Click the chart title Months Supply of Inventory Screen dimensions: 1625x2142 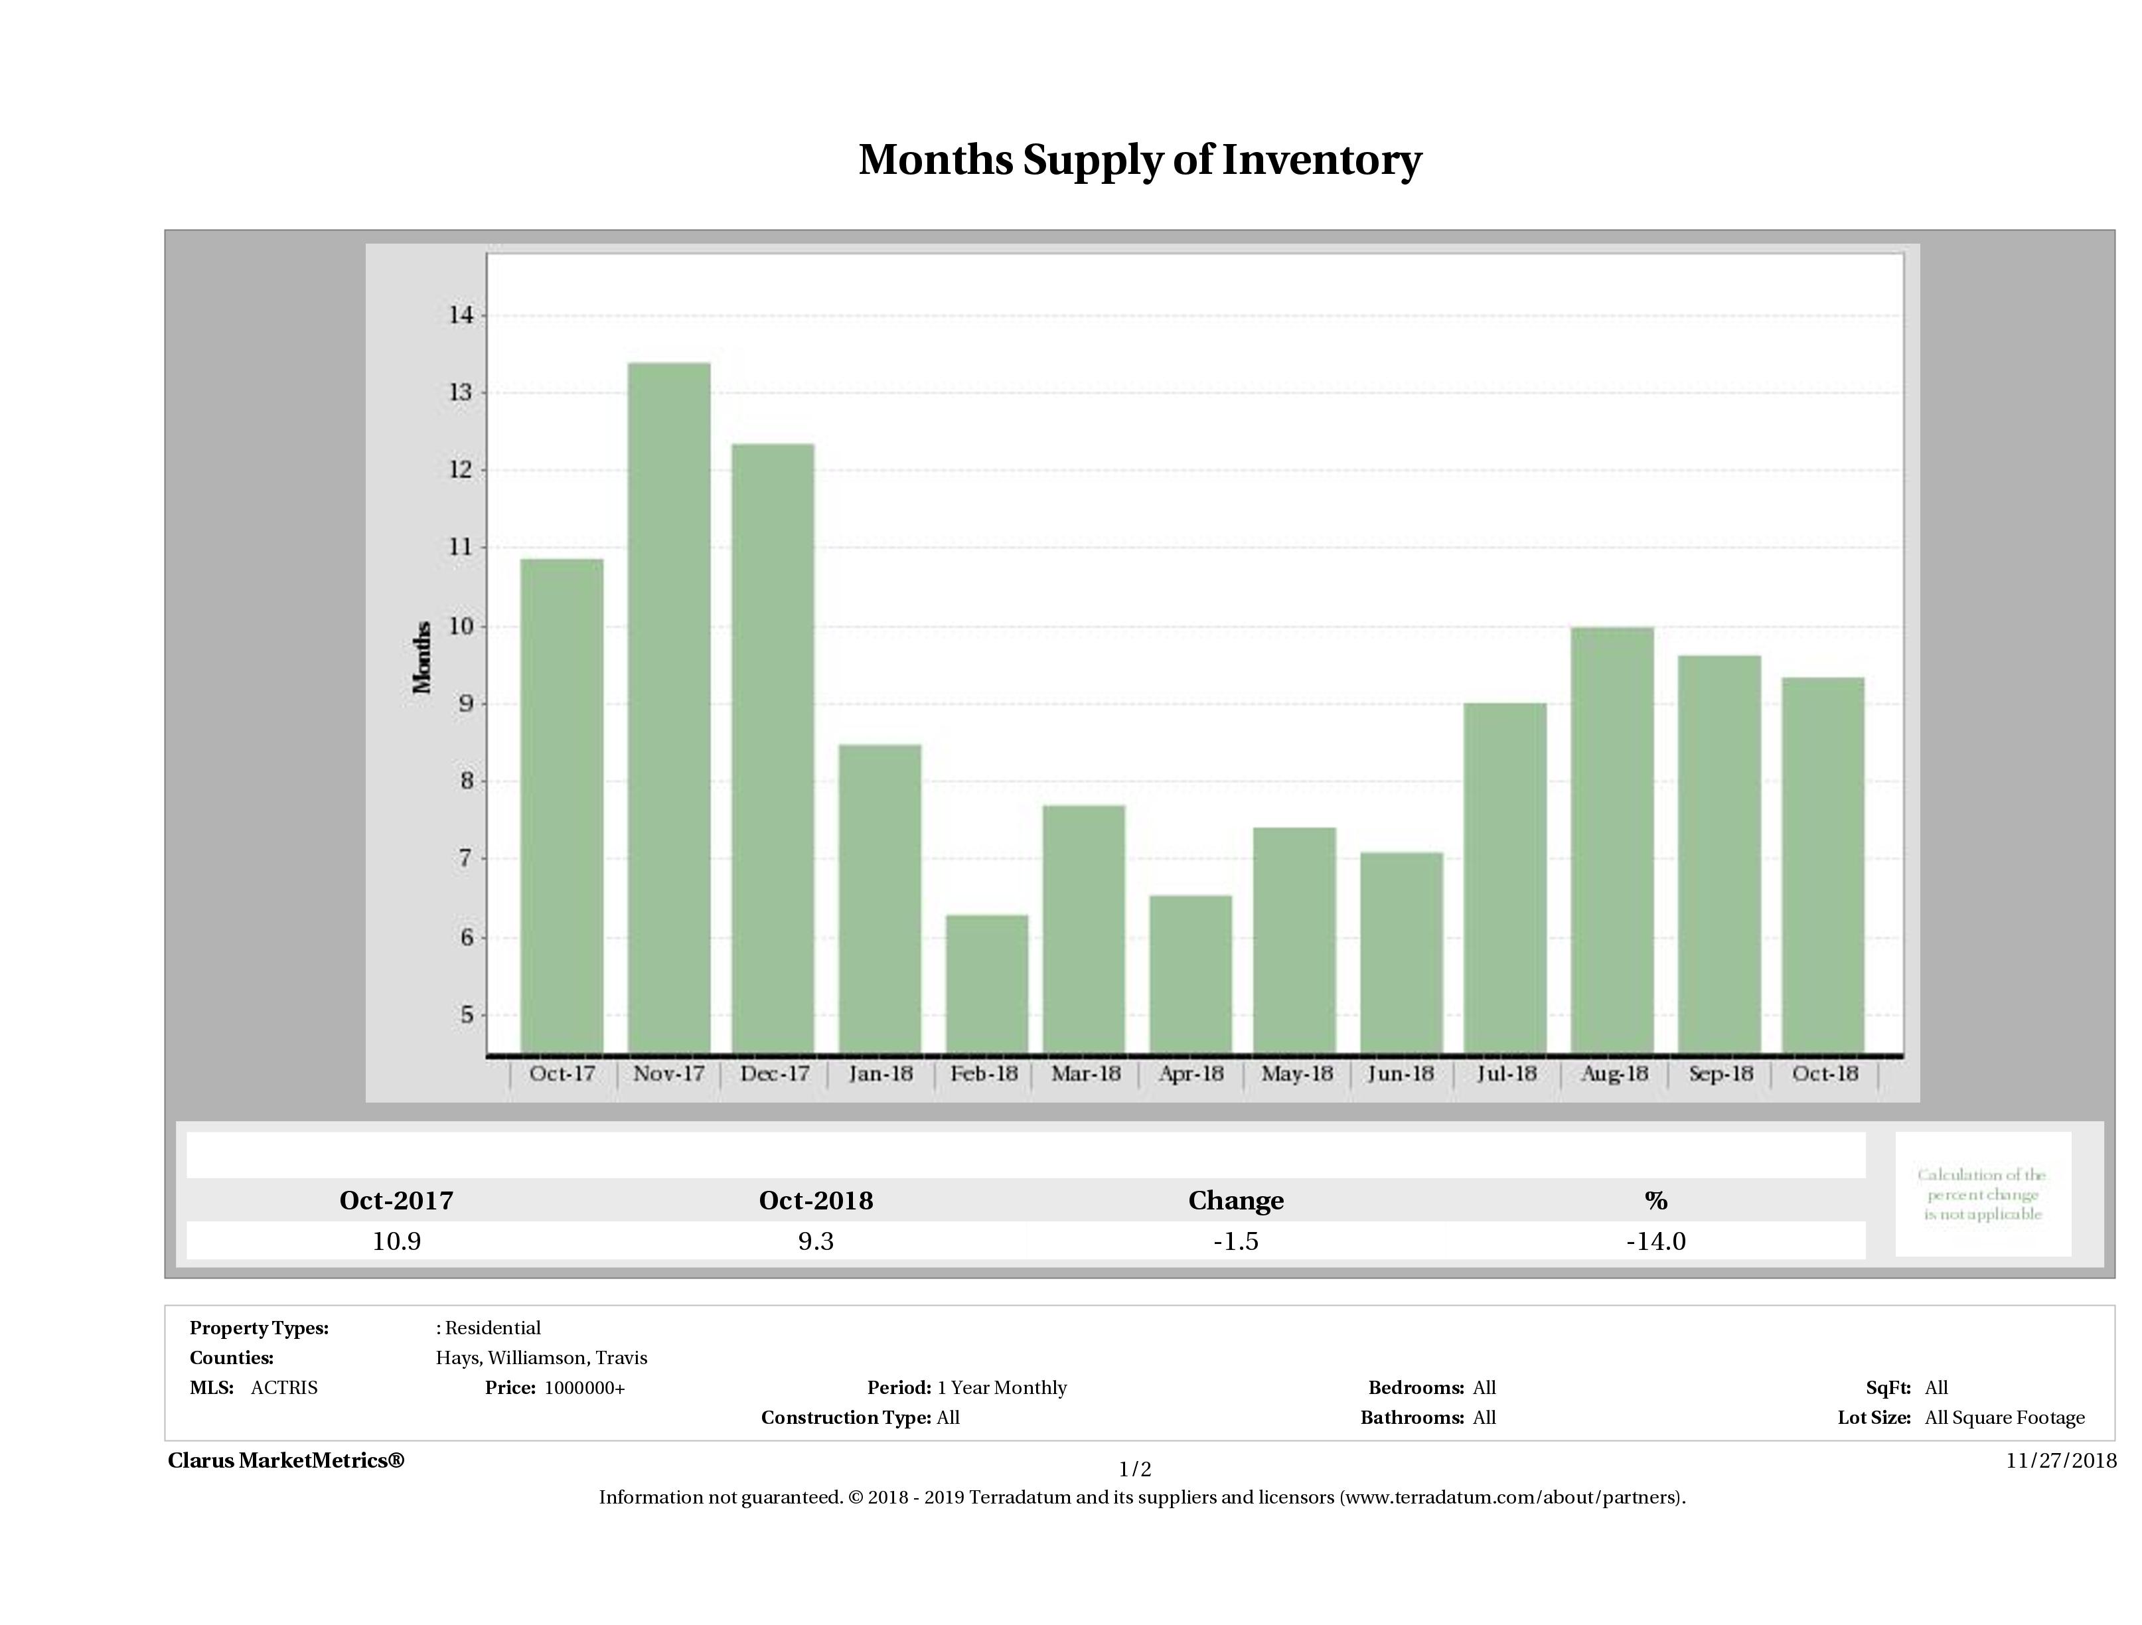click(x=1140, y=160)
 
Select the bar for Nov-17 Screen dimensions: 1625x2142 click(x=669, y=707)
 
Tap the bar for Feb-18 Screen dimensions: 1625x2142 click(x=987, y=983)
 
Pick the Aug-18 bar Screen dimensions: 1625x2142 click(x=1612, y=840)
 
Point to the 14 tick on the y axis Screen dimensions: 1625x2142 click(x=460, y=315)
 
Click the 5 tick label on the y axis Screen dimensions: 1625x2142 click(x=467, y=1015)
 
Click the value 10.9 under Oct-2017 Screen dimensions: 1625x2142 click(x=396, y=1241)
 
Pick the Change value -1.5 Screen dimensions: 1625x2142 click(x=1236, y=1241)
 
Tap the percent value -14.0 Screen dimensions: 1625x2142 click(x=1656, y=1241)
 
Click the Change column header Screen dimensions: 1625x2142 click(x=1236, y=1200)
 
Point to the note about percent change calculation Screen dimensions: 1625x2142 click(x=1982, y=1194)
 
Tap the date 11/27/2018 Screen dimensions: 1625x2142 click(x=2060, y=1460)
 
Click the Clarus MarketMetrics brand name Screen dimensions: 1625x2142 click(x=285, y=1460)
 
